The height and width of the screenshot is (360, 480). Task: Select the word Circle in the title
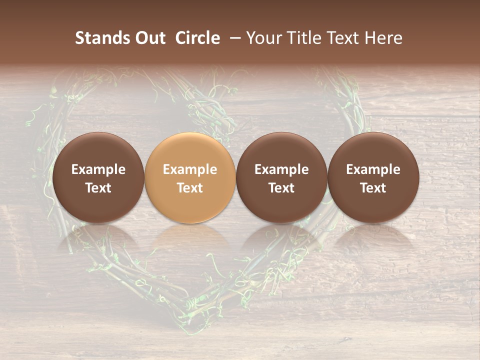click(197, 38)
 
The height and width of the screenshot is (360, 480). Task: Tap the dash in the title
click(233, 38)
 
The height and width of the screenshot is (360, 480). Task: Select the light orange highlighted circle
click(190, 177)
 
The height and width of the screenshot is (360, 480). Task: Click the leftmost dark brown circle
click(98, 177)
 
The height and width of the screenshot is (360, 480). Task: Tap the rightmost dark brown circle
click(373, 177)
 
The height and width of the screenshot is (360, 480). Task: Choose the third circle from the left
click(281, 177)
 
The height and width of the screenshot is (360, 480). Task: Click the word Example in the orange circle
click(190, 169)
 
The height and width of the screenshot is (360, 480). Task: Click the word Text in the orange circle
click(190, 188)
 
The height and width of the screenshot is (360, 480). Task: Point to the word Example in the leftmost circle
click(98, 169)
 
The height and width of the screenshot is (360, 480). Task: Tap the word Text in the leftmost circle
click(98, 188)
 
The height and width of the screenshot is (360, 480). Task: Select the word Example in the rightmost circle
click(373, 169)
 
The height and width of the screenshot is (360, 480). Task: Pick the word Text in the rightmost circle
click(373, 188)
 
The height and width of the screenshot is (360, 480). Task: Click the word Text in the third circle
click(281, 188)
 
